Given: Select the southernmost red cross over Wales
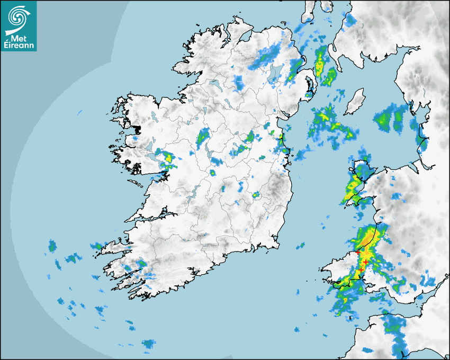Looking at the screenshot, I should [361, 271].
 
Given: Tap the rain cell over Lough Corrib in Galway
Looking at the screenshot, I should [168, 157].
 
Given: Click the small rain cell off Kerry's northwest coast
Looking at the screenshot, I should [96, 246].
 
